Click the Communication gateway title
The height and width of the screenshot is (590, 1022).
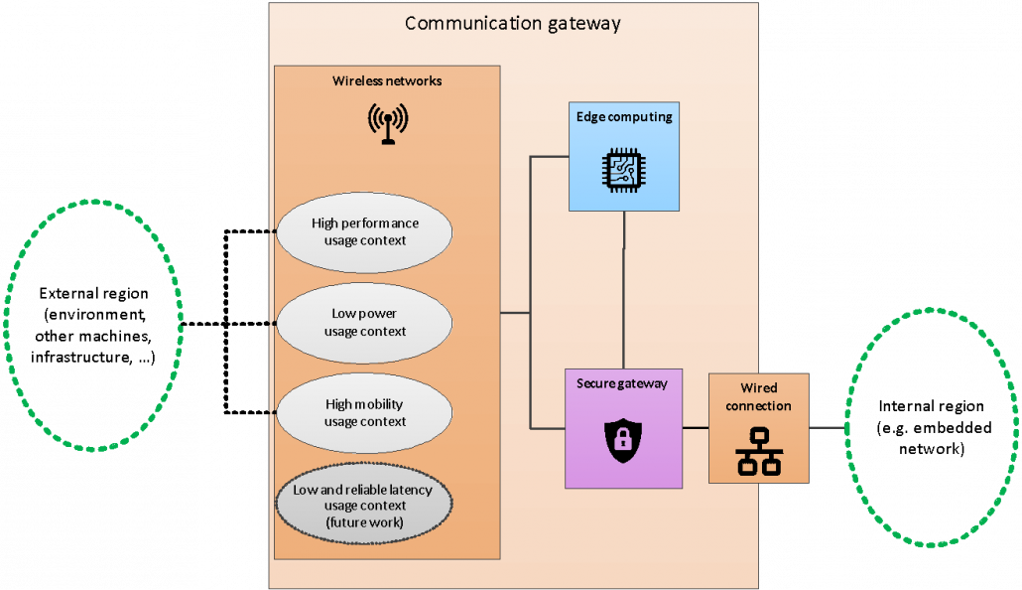tap(512, 23)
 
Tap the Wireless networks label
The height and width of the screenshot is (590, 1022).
tap(387, 80)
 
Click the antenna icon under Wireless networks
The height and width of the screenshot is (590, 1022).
tap(387, 123)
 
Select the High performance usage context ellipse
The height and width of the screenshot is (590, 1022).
tap(364, 231)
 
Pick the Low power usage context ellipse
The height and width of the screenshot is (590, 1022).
tap(364, 322)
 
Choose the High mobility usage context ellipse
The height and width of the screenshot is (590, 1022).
tap(364, 412)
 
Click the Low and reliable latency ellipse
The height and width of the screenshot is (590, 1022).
tap(364, 505)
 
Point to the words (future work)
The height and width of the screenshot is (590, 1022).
tap(365, 521)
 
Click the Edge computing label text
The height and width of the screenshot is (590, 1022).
tap(624, 117)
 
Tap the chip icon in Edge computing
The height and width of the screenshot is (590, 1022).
tap(623, 169)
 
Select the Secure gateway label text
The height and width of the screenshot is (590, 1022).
tap(622, 383)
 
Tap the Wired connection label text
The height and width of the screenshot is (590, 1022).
tap(758, 396)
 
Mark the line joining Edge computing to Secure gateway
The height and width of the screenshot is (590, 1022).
tap(624, 288)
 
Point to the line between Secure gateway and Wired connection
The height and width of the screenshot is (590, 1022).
tap(696, 428)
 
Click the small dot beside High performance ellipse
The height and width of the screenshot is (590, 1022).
tap(272, 231)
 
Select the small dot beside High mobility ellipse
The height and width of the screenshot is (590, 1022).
tap(272, 412)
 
